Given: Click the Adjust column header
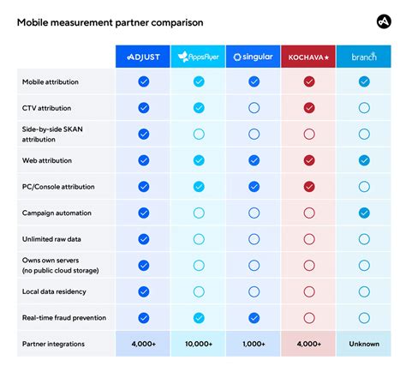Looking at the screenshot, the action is click(x=143, y=57).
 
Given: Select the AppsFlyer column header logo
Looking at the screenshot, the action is click(x=199, y=57).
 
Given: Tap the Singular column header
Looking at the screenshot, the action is click(x=253, y=57).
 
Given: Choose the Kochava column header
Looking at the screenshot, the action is click(x=308, y=57).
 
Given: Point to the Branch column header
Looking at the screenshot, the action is click(x=364, y=57).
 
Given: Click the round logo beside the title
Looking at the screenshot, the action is click(x=384, y=21).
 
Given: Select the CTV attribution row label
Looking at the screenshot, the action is click(x=46, y=108).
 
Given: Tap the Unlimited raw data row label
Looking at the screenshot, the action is click(x=51, y=239).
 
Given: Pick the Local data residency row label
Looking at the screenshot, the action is click(x=54, y=291).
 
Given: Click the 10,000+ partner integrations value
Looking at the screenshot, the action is click(x=199, y=344).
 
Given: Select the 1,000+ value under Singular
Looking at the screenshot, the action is click(x=254, y=344).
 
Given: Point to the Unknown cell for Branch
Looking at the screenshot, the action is click(x=364, y=344).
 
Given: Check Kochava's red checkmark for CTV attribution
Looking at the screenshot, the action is click(x=309, y=108).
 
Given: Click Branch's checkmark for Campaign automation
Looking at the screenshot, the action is click(x=364, y=213).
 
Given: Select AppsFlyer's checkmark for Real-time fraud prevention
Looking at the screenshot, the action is click(x=199, y=318).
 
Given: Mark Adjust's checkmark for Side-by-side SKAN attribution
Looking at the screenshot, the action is click(x=144, y=135).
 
